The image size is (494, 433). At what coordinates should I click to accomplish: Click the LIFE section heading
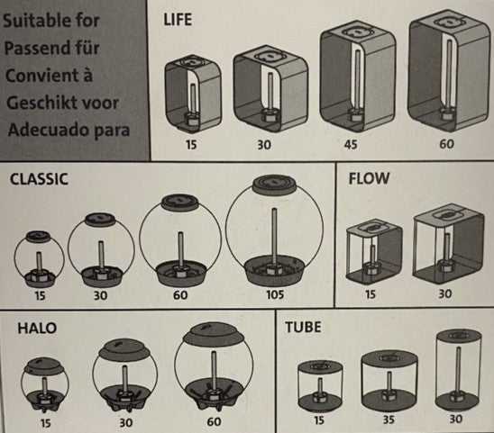(178, 20)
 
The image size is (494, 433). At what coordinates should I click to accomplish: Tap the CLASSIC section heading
(39, 179)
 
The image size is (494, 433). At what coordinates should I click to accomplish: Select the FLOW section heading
(369, 178)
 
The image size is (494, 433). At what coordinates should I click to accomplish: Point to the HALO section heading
(37, 328)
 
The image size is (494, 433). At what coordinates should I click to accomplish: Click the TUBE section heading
(303, 327)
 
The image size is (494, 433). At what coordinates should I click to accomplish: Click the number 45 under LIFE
(351, 144)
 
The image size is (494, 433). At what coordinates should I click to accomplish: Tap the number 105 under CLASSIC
(275, 295)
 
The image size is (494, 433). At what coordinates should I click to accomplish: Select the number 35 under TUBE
(389, 419)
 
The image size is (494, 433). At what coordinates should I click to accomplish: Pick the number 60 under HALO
(214, 421)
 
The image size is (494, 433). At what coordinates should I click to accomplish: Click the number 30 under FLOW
(444, 293)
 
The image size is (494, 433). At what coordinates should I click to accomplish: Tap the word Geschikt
(39, 103)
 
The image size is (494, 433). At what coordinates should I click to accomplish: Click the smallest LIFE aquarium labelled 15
(193, 95)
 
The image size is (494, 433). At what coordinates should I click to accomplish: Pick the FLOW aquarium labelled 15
(374, 252)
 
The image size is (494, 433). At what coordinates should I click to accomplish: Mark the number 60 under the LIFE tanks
(446, 144)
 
